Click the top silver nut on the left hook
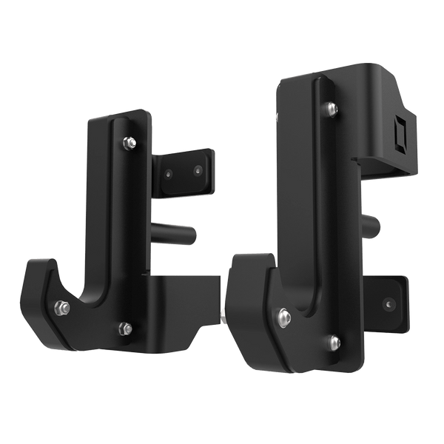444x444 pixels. [x=129, y=141]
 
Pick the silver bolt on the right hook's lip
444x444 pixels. [x=283, y=317]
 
